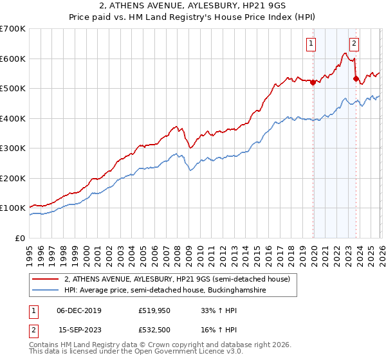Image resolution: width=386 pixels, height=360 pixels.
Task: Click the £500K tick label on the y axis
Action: click(x=13, y=89)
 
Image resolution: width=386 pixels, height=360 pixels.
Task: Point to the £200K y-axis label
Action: click(x=13, y=179)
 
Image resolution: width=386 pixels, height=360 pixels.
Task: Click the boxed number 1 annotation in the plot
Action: click(x=311, y=44)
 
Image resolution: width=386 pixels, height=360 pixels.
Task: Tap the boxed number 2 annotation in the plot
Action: click(x=354, y=44)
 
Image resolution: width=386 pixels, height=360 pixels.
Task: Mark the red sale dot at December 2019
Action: click(x=313, y=82)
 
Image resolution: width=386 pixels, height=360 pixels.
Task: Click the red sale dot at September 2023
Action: click(x=356, y=78)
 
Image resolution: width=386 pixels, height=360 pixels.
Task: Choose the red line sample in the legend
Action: click(x=45, y=280)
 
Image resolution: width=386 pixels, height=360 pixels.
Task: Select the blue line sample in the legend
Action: click(x=45, y=291)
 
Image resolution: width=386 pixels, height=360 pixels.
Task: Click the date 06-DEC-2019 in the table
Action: click(x=79, y=310)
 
